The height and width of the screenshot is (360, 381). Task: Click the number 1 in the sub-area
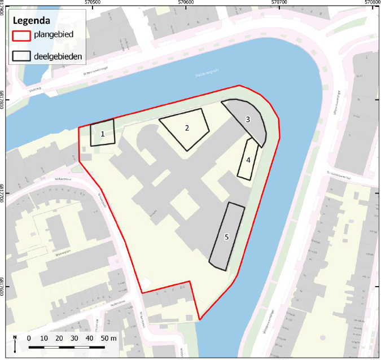click(x=103, y=134)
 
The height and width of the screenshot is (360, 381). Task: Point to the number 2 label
click(x=186, y=128)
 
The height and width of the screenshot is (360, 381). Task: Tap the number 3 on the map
click(x=247, y=120)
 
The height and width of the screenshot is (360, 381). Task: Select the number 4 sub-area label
click(x=248, y=160)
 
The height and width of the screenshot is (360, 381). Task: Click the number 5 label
click(x=226, y=237)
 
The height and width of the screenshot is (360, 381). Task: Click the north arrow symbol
click(x=15, y=341)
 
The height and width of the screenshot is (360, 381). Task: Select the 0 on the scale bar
click(x=29, y=337)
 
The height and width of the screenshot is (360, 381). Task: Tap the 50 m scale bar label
click(x=109, y=337)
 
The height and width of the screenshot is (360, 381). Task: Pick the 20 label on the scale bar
click(x=59, y=337)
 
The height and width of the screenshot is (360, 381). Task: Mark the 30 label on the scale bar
click(x=75, y=337)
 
